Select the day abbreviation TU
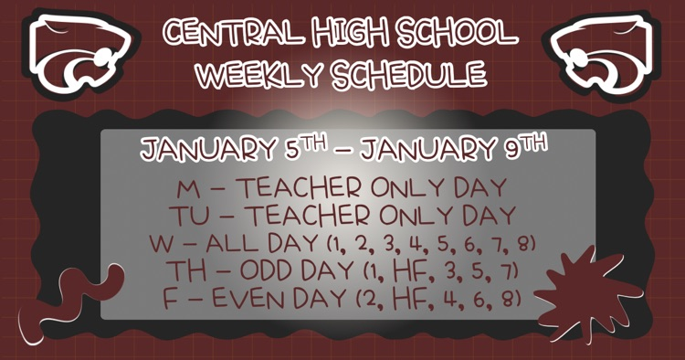click(x=183, y=217)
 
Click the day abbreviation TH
click(x=180, y=271)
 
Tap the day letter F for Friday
click(x=170, y=299)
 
